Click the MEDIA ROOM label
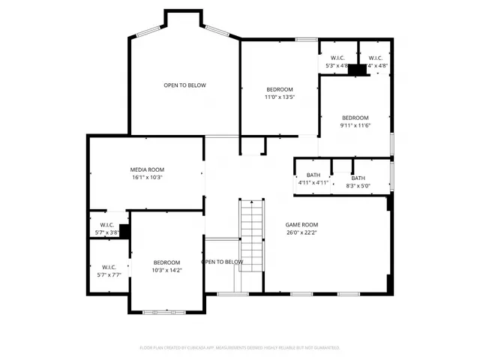(x=147, y=169)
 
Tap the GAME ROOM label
(x=301, y=224)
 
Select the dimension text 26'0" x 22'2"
(x=301, y=232)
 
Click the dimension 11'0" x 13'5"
(x=279, y=97)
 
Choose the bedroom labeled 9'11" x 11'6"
(x=355, y=121)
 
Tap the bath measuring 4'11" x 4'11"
(x=313, y=178)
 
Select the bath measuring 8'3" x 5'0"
(x=358, y=182)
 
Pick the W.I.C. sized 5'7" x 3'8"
(x=103, y=229)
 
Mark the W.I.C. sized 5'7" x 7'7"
(x=109, y=271)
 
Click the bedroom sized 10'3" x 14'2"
(x=166, y=266)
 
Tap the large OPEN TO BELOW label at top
(x=184, y=85)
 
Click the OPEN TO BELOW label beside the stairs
(x=222, y=262)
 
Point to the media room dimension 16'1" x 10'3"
(x=147, y=178)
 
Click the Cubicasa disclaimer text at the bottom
(x=240, y=347)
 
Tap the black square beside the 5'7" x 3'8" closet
(x=124, y=231)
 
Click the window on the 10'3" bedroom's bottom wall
(x=159, y=311)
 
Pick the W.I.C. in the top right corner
(x=376, y=61)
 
